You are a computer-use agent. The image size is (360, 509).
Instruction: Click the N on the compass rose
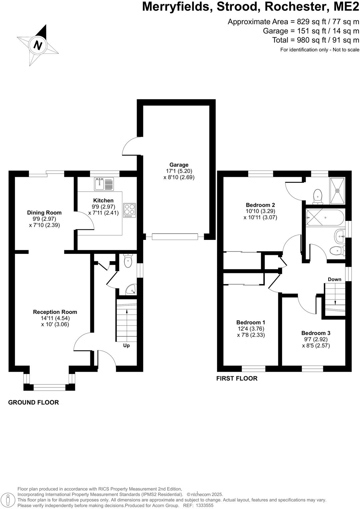coord(38,45)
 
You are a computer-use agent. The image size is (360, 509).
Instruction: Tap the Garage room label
coord(179,165)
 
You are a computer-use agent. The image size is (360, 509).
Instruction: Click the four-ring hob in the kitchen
coord(130,210)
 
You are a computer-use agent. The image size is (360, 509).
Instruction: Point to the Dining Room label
coord(44,213)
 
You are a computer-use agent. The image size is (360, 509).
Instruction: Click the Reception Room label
coord(55,312)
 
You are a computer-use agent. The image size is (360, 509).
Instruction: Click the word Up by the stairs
coord(126,345)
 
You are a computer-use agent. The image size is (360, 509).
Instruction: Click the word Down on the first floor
coord(334,279)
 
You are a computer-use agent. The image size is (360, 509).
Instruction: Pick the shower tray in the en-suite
coord(337,191)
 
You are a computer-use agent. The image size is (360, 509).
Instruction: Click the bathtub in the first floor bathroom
coord(325,218)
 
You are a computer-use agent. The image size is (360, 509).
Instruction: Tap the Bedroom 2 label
coord(260,205)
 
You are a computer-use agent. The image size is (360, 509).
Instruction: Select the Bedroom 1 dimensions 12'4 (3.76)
coord(251,328)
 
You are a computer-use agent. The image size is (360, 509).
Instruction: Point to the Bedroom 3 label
coord(316,333)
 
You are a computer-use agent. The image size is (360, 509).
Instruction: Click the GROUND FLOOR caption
coord(33,402)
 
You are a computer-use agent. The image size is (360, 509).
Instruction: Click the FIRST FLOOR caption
coord(237,378)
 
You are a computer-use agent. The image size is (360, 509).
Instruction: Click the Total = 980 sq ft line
coord(316,40)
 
